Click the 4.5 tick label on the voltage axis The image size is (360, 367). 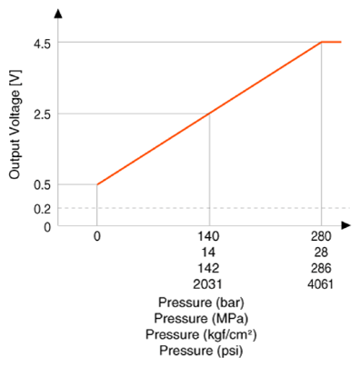pos(42,45)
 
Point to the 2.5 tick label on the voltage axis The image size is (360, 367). pos(42,115)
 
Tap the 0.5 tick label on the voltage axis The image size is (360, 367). pos(42,185)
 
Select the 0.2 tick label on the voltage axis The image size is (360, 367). pos(42,209)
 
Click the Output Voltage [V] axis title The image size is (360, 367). pos(15,124)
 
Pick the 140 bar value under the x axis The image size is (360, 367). pos(208,236)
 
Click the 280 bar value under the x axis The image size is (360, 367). pos(321,236)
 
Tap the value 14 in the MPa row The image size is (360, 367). pos(208,253)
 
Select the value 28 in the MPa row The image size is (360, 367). pos(321,253)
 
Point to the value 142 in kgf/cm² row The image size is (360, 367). pos(208,268)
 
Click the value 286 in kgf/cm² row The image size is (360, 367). pos(321,268)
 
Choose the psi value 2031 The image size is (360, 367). pos(208,284)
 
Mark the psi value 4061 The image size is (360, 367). pos(320,284)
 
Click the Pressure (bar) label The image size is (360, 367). pos(201,303)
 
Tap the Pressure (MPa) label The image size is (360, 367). pos(201,319)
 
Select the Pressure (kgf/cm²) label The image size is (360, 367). pos(201,334)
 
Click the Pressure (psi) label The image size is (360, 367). pos(201,351)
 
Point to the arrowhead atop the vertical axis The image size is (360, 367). pos(58,14)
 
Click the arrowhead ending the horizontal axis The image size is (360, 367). pos(345,225)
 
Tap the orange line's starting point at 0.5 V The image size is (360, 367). pos(97,184)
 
